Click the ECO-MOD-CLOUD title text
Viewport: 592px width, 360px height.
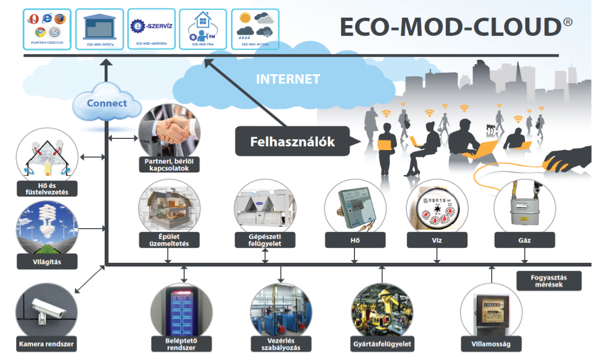click(x=451, y=27)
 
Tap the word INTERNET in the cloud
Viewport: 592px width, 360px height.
click(x=288, y=80)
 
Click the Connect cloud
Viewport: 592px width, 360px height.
click(x=107, y=103)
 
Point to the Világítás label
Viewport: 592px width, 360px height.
click(x=47, y=262)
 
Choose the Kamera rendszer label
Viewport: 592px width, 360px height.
click(x=46, y=345)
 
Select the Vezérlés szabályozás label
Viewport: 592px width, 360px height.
click(x=281, y=345)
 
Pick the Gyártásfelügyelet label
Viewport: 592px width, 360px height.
click(x=382, y=344)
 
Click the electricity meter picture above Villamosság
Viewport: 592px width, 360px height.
click(x=491, y=309)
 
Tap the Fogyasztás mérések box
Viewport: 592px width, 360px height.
click(x=549, y=281)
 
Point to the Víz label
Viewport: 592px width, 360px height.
click(x=437, y=240)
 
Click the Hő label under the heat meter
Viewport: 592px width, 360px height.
click(x=355, y=240)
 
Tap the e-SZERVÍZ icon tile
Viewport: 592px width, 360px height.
click(x=152, y=28)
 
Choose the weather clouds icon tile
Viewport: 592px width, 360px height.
click(x=255, y=28)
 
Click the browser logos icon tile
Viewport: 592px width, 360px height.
click(x=48, y=28)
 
